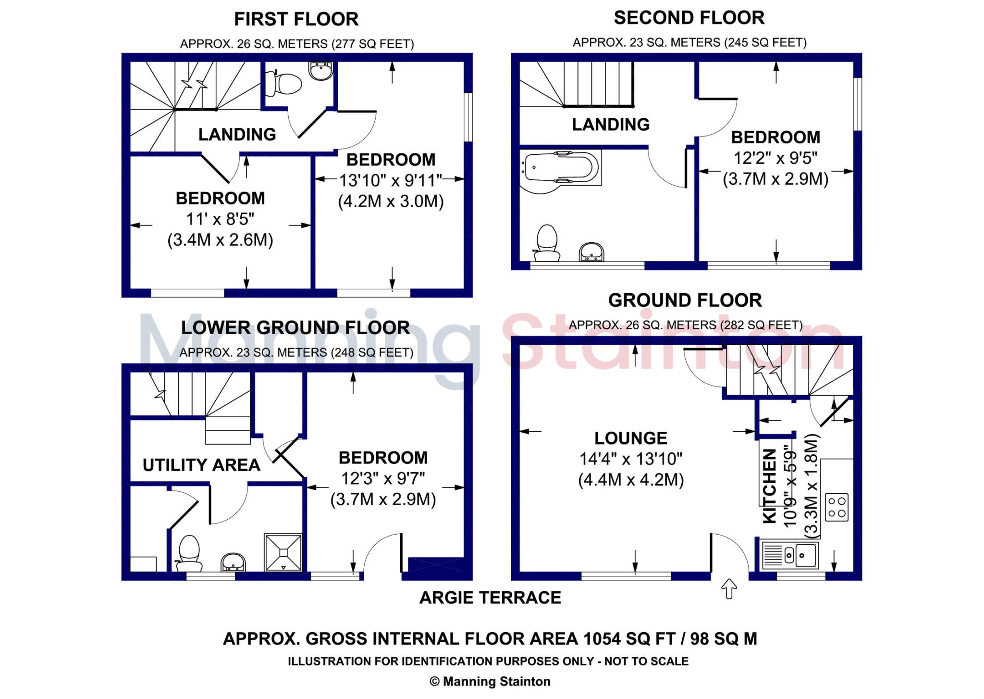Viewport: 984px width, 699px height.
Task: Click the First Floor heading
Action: pyautogui.click(x=296, y=19)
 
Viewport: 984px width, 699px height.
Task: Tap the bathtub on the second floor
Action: pyautogui.click(x=560, y=168)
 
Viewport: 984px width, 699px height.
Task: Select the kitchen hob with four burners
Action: pyautogui.click(x=836, y=507)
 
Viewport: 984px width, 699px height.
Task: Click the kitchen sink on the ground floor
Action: pyautogui.click(x=790, y=555)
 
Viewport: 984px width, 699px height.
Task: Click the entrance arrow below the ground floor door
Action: pyautogui.click(x=729, y=589)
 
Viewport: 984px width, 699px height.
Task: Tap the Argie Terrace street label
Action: pyautogui.click(x=490, y=598)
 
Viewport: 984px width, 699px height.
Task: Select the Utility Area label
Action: pyautogui.click(x=201, y=465)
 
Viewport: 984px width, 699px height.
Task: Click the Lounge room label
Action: pyautogui.click(x=630, y=438)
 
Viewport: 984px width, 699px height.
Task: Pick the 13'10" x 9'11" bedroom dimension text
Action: pyautogui.click(x=390, y=181)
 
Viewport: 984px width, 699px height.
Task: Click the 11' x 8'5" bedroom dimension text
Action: pyautogui.click(x=220, y=219)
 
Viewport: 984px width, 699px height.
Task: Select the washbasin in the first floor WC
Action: pyautogui.click(x=320, y=71)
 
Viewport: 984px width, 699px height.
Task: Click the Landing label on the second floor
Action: pyautogui.click(x=610, y=125)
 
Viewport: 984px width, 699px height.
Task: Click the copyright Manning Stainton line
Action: pyautogui.click(x=490, y=681)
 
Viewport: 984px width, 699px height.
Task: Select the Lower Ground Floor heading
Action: pyautogui.click(x=295, y=328)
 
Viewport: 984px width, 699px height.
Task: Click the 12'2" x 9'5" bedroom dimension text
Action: pyautogui.click(x=775, y=158)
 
